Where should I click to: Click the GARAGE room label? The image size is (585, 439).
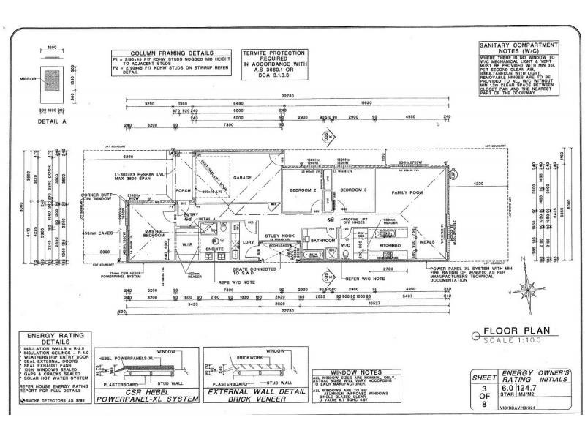pyautogui.click(x=242, y=178)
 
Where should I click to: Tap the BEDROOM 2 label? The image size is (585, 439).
pyautogui.click(x=303, y=190)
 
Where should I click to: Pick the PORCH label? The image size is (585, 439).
pyautogui.click(x=184, y=191)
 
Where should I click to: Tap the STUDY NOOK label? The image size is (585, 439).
pyautogui.click(x=279, y=236)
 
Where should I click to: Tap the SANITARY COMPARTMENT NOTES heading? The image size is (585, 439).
pyautogui.click(x=518, y=48)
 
